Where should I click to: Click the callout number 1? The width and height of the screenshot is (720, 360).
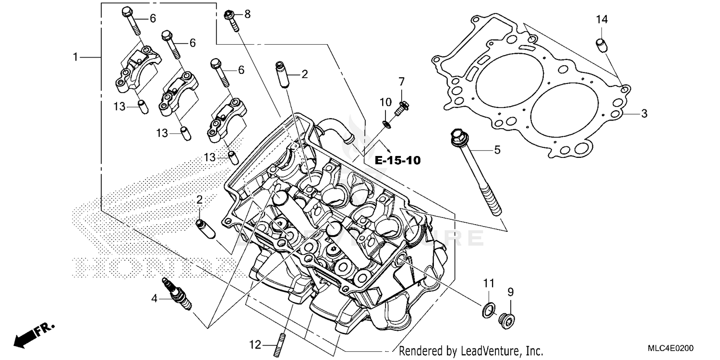click(x=75, y=57)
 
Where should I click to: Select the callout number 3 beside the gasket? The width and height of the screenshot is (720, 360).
click(x=644, y=114)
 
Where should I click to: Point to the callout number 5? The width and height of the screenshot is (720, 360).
click(x=497, y=150)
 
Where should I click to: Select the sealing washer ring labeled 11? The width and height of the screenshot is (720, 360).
click(x=487, y=311)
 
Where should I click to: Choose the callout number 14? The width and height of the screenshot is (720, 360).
click(x=601, y=20)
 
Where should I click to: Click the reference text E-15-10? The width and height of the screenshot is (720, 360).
click(x=397, y=160)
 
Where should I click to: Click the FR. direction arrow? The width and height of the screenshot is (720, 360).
click(x=34, y=335)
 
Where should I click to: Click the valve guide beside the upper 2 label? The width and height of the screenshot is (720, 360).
click(x=282, y=74)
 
